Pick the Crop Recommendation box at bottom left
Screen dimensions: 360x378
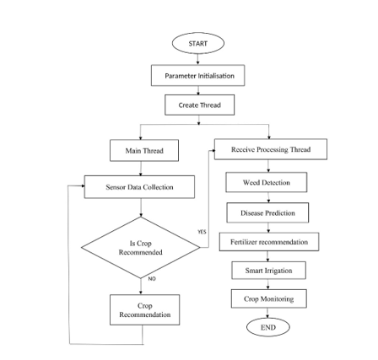pos(140,317)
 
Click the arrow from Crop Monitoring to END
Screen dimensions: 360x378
pos(267,311)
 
